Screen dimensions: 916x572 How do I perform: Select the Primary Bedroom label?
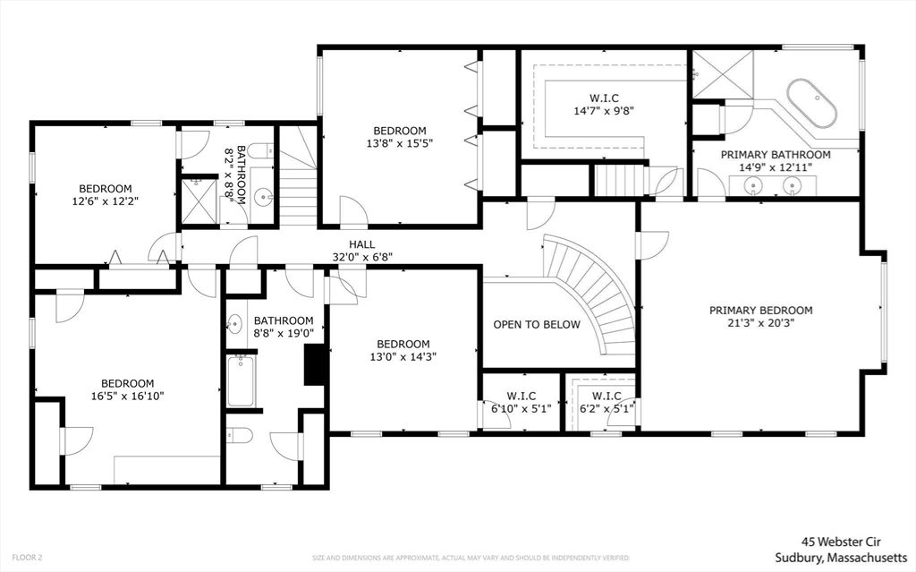coord(760,316)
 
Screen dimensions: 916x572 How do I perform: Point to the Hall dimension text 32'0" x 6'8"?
coord(362,257)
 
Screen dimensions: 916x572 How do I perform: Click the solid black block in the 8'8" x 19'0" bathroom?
coord(316,364)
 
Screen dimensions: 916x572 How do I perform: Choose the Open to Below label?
coord(537,325)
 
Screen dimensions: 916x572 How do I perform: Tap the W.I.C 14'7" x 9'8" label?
coord(604,104)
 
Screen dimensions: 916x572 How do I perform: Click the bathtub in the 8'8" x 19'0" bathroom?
coord(240,380)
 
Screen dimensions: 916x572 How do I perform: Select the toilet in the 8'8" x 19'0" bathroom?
coord(240,435)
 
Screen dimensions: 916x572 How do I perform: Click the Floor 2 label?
coord(27,558)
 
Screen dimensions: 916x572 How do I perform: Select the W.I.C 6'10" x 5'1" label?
coord(522,403)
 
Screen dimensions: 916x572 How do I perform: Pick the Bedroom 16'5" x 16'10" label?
coord(127,389)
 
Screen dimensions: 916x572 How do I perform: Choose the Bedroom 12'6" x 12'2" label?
coord(106,195)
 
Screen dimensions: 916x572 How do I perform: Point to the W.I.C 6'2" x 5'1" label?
coord(606,403)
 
